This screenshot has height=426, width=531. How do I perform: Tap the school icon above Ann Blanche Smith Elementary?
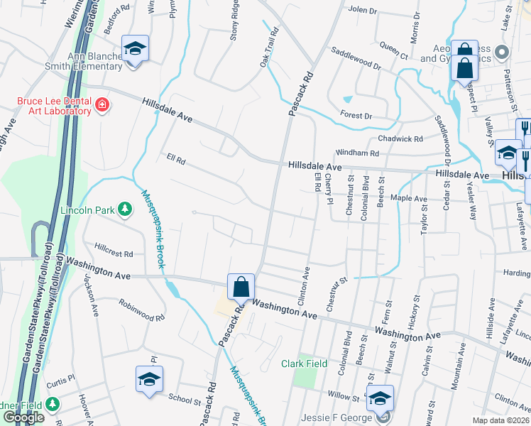(x=135, y=48)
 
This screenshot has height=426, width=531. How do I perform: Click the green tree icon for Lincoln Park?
(x=125, y=209)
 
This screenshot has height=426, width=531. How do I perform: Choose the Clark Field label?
(x=303, y=364)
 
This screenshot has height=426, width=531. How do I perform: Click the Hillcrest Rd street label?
(x=114, y=253)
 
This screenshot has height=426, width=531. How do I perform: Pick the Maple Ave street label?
(x=407, y=199)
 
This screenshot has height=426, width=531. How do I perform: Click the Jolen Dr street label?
(x=363, y=11)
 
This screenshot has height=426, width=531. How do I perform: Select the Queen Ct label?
(x=394, y=51)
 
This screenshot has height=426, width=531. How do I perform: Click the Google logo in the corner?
(x=23, y=417)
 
